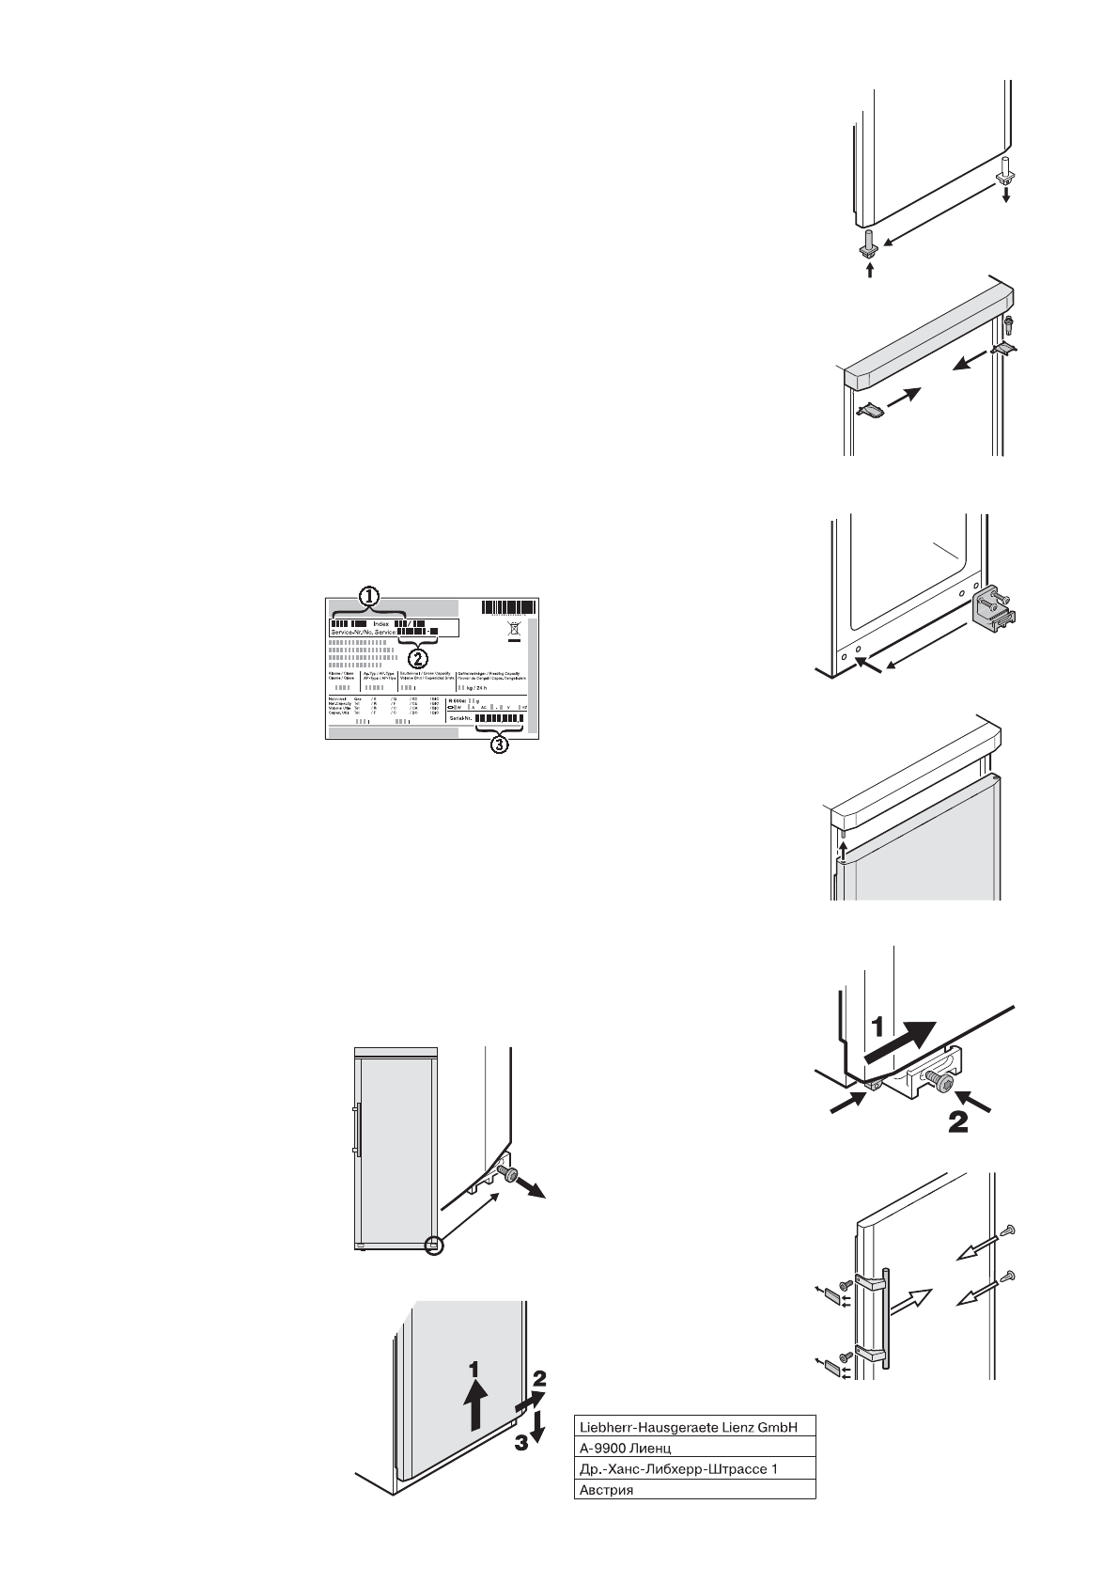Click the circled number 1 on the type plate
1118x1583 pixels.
370,595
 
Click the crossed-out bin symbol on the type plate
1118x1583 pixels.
513,629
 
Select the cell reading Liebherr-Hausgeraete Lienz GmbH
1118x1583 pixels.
694,1427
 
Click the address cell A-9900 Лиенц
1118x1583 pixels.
694,1448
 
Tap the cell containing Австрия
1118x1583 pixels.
694,1490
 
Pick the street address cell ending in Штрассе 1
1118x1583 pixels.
694,1468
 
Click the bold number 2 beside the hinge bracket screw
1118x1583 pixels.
958,1121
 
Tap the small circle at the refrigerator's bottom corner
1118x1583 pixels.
433,1246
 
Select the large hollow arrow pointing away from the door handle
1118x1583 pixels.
914,1302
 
